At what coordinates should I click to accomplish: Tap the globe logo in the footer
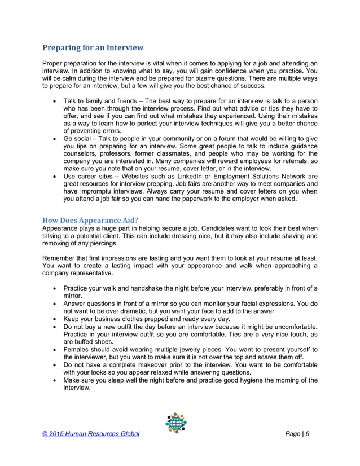[x=175, y=423]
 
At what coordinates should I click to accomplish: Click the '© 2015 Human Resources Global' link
[x=91, y=434]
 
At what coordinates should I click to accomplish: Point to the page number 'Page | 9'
[x=302, y=434]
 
